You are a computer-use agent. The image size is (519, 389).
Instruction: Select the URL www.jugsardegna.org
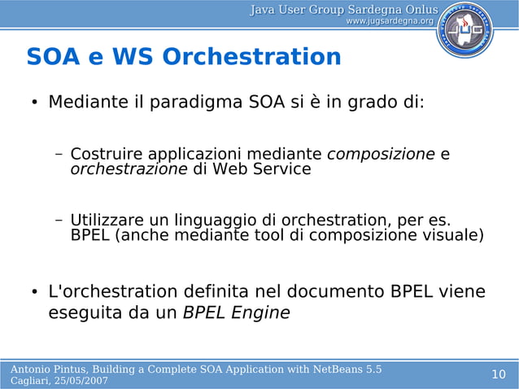pos(389,20)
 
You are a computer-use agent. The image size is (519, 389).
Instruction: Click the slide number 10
pos(499,374)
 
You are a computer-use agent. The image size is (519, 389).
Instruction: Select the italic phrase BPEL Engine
pos(236,313)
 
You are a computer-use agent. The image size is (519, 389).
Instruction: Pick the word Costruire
pos(102,155)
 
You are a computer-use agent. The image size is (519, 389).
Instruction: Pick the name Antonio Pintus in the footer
pos(48,369)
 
